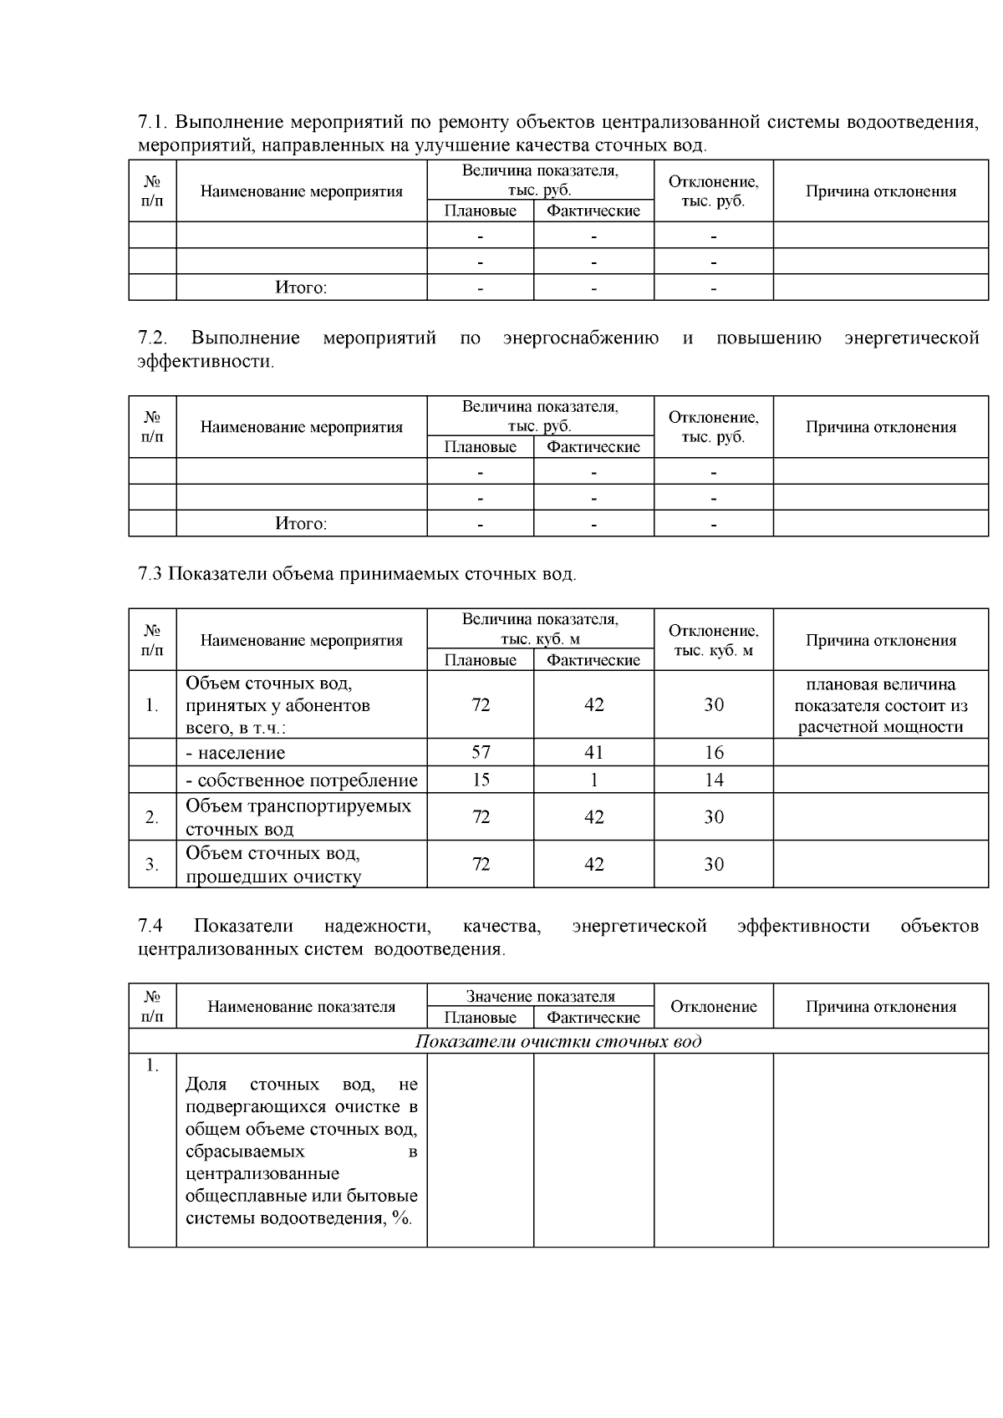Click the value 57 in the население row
[x=481, y=752]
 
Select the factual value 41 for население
[x=593, y=752]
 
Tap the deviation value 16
[x=714, y=752]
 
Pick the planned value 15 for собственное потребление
[x=481, y=780]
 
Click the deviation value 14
[x=714, y=780]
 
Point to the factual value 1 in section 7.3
[x=593, y=780]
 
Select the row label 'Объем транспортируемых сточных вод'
[x=298, y=817]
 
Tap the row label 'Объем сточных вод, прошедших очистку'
[x=273, y=865]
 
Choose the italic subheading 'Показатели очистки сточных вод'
[x=558, y=1041]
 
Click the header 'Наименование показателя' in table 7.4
[x=301, y=1007]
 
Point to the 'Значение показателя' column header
[x=540, y=996]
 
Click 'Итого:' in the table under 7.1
[x=301, y=287]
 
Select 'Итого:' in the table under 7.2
[x=301, y=524]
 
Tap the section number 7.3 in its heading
[x=150, y=574]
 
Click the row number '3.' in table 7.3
[x=152, y=865]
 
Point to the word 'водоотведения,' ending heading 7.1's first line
[x=913, y=123]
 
